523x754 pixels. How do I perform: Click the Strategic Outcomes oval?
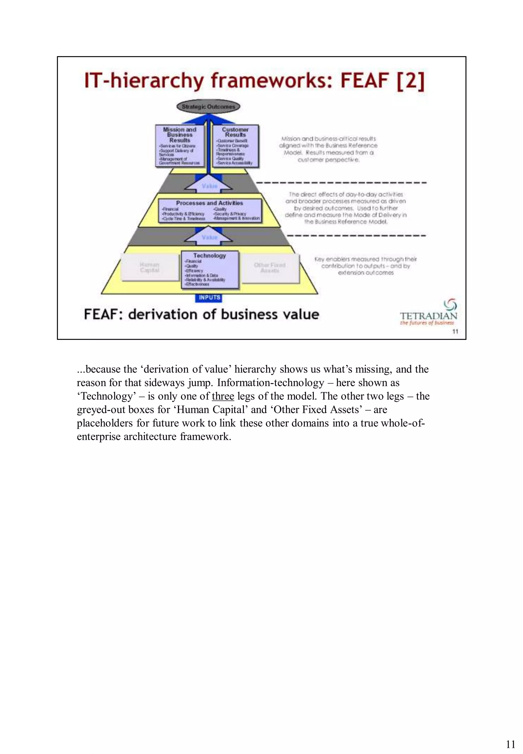(208, 106)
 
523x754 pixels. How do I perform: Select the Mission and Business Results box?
(180, 146)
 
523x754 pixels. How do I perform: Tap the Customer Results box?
(235, 146)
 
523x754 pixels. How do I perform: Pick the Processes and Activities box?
(210, 210)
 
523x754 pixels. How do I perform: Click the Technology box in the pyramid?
(210, 270)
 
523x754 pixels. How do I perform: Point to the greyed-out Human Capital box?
(149, 267)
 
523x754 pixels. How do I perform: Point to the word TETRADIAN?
(428, 316)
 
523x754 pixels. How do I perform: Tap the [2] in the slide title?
(411, 81)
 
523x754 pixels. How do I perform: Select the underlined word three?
(223, 396)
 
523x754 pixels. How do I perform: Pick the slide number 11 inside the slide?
(455, 332)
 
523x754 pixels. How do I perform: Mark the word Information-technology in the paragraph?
(271, 383)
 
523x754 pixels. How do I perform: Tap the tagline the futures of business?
(427, 323)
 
